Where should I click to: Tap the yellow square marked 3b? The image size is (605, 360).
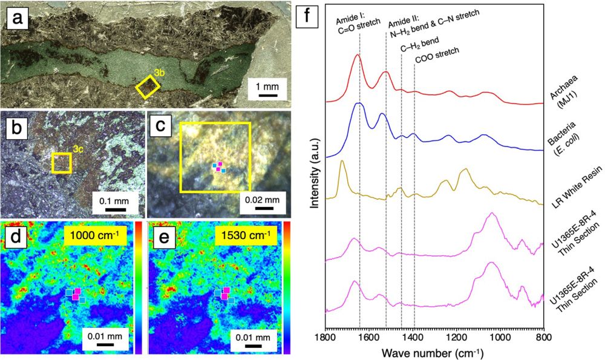pos(147,87)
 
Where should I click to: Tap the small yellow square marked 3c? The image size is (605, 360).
pos(61,163)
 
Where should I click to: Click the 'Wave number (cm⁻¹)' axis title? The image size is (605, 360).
pos(434,351)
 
